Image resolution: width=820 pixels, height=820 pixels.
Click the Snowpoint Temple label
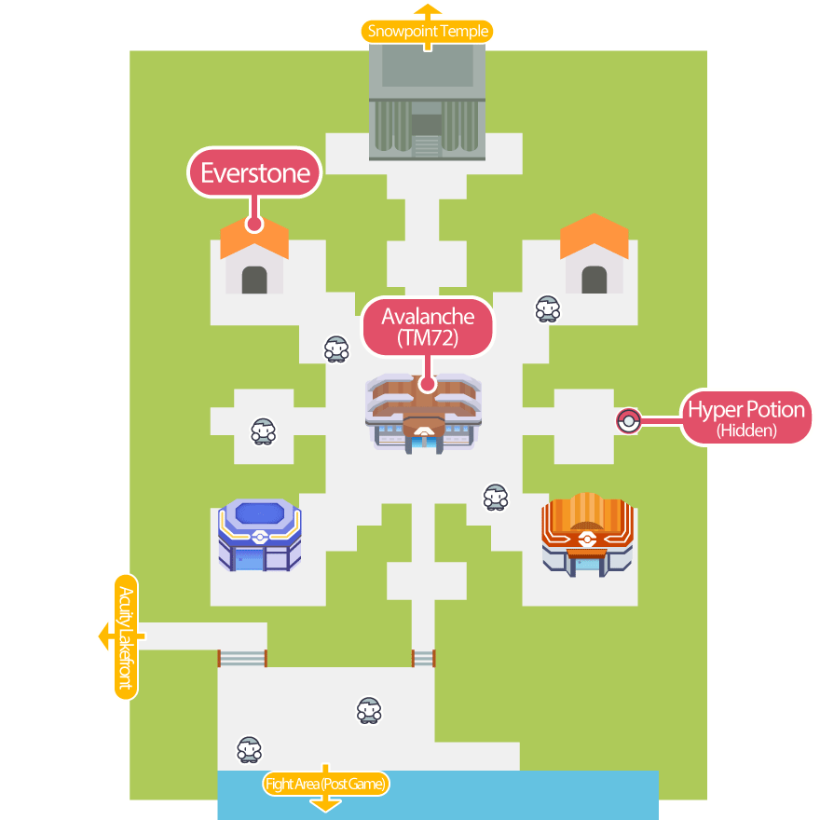pos(428,32)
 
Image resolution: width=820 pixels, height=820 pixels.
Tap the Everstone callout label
pos(254,173)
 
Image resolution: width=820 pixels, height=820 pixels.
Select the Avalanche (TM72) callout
pos(428,327)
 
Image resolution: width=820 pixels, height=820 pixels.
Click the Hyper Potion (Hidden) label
pos(745,417)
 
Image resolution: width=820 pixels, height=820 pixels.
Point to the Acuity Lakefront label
pos(127,637)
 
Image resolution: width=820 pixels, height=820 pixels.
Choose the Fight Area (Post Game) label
pos(325,784)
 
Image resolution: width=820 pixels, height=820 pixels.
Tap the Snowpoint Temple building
pos(428,102)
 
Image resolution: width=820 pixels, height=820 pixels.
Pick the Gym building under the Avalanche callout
pos(425,416)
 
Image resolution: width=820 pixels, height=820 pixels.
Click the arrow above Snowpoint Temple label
pos(428,10)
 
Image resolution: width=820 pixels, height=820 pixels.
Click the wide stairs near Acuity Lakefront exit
pos(242,659)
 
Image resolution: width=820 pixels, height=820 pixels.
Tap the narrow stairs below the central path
pos(423,659)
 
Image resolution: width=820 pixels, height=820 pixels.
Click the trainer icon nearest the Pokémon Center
pos(496,498)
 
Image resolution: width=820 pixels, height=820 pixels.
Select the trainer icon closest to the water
pos(249,749)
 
